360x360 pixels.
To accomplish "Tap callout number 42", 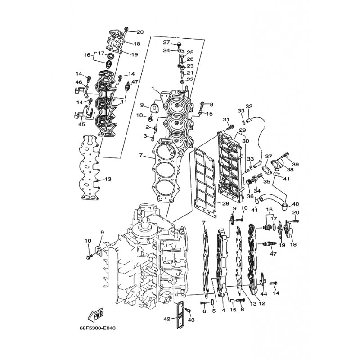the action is point(167,319).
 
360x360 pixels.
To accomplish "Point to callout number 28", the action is point(226,203).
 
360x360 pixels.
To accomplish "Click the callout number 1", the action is point(153,88).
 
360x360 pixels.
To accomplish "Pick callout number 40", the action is point(296,204).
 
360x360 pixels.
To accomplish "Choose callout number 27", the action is point(166,42).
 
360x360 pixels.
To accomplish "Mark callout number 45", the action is point(82,124).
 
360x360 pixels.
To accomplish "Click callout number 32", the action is point(249,106).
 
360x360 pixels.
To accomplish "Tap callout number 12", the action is point(262,303).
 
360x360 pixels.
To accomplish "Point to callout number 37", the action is point(269,157).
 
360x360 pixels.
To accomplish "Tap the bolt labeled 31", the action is point(230,126).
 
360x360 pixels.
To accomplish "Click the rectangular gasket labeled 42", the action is point(180,315).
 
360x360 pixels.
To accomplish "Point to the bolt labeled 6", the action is point(204,303).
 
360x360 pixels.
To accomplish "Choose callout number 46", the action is point(79,82).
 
